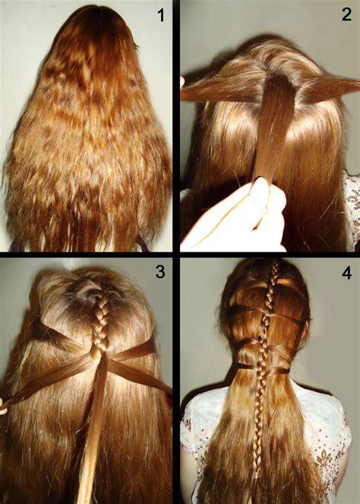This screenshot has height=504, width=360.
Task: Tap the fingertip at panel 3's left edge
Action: [4, 408]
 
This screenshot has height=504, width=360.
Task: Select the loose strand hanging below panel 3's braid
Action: [90, 441]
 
